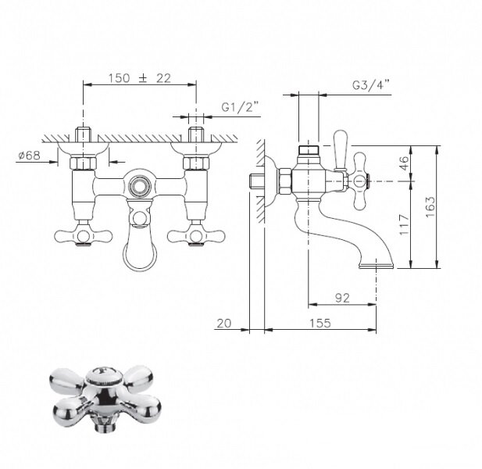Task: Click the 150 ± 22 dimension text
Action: tap(139, 78)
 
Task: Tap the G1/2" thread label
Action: tap(241, 107)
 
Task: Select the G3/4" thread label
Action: tap(371, 85)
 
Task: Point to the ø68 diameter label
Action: tap(30, 156)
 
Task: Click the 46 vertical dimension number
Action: tap(404, 163)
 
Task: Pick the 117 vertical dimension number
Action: tap(404, 225)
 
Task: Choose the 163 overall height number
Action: tap(430, 207)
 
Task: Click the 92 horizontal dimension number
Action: tap(342, 298)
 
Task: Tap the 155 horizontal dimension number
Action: tap(320, 324)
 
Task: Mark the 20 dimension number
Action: tap(224, 324)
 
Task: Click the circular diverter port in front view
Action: tap(140, 186)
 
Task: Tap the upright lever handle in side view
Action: tap(341, 151)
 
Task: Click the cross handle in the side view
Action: tap(360, 181)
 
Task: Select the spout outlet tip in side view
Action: tap(377, 265)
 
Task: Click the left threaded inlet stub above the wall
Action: tap(84, 134)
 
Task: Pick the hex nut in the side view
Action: tap(285, 181)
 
